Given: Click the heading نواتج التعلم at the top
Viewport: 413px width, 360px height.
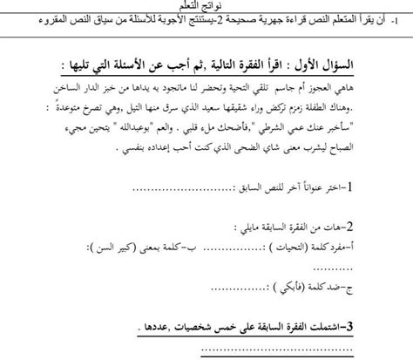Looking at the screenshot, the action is (x=206, y=6).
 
